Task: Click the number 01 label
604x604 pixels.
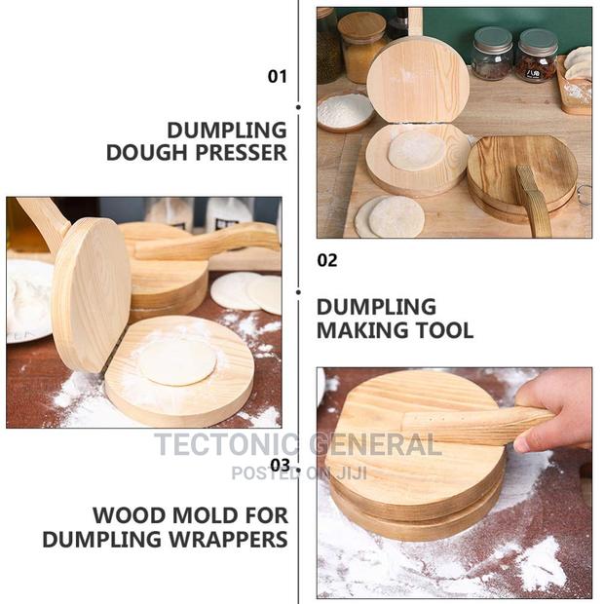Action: click(278, 76)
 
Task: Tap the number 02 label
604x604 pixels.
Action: click(327, 260)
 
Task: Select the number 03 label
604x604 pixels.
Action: click(280, 465)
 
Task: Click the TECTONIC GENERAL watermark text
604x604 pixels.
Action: click(297, 445)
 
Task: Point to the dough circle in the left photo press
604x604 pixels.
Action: click(176, 361)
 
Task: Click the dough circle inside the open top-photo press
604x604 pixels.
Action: click(417, 150)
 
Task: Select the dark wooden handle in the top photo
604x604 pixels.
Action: click(534, 202)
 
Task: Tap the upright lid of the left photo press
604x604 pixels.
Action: click(91, 291)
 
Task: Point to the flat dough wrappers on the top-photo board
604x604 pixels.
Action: click(388, 215)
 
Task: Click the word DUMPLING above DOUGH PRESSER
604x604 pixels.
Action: click(226, 130)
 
